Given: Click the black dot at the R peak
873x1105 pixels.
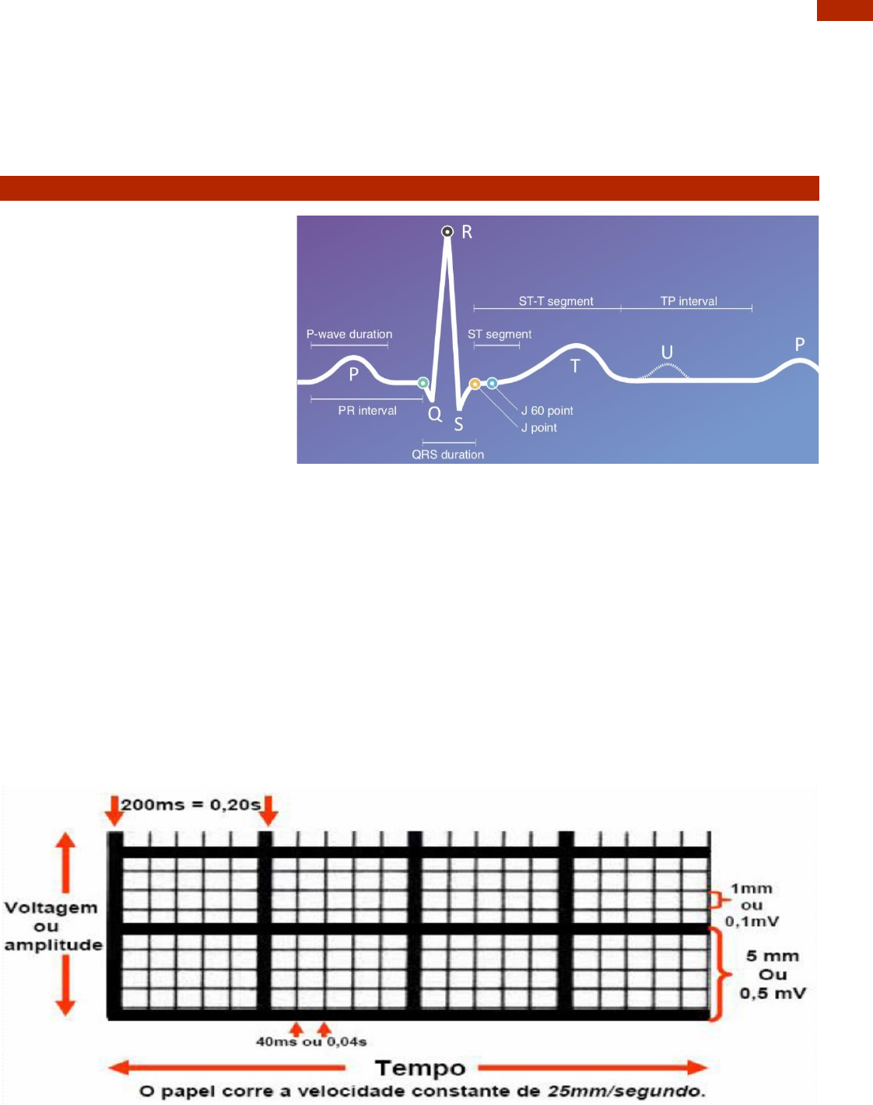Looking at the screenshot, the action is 447,231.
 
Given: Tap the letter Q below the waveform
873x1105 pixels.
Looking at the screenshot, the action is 435,414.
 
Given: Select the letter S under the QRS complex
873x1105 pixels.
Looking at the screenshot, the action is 459,424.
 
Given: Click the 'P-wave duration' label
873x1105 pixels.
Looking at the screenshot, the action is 349,335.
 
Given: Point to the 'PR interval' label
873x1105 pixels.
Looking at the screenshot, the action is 367,411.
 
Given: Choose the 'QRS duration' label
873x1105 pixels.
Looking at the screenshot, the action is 447,454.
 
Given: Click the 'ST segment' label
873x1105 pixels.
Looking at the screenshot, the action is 500,335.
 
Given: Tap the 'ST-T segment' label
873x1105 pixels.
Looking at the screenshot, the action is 556,301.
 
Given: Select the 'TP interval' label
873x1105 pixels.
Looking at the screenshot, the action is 689,301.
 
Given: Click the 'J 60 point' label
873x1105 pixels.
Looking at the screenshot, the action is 547,411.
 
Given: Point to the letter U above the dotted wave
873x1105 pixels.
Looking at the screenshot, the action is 667,353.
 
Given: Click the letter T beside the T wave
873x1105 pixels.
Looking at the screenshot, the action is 575,366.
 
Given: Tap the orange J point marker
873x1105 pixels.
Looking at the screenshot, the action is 475,384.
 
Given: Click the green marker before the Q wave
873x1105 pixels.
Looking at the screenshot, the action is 422,383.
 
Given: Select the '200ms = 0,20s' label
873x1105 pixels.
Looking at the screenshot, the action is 191,805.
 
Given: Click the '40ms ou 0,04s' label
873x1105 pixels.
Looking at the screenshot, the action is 311,1042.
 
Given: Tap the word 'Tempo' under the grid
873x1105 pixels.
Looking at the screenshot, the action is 420,1068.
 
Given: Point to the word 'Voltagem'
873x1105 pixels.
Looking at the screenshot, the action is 51,908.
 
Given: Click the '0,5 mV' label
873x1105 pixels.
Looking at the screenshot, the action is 773,994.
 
